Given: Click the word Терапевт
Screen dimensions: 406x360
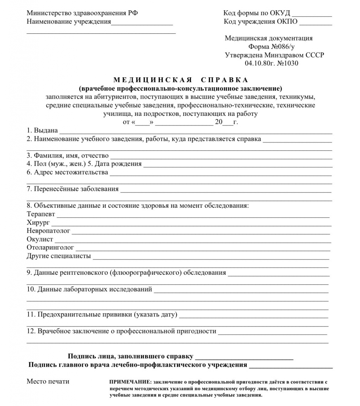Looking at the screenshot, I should click(x=41, y=214).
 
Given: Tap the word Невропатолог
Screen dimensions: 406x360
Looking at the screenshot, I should click(x=48, y=231).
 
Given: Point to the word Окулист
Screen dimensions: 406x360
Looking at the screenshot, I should click(x=40, y=239).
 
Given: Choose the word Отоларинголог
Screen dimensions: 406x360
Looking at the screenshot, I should click(x=50, y=248).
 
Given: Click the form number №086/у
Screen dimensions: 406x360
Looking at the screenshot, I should click(x=278, y=47).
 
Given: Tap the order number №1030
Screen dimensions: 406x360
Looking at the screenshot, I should click(x=288, y=63).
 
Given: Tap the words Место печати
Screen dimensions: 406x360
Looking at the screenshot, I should click(x=48, y=381).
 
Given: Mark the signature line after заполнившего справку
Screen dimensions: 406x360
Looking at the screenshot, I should click(x=244, y=359).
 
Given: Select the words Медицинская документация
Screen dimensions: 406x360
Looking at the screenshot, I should click(x=269, y=38).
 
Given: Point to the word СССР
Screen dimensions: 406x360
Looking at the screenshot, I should click(x=315, y=55).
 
